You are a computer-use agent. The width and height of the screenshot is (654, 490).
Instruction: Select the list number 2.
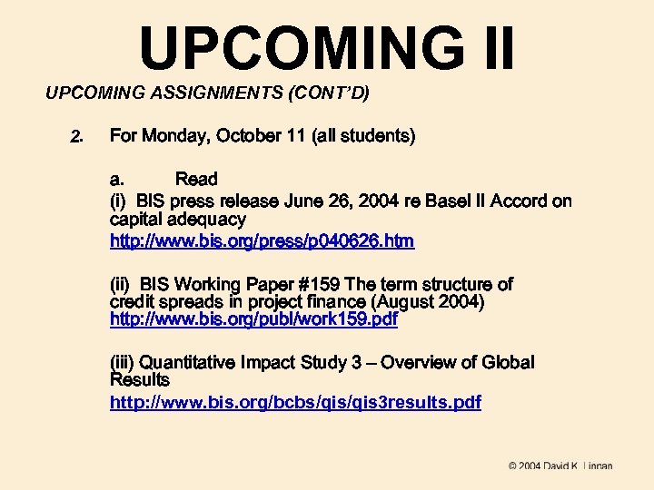76,137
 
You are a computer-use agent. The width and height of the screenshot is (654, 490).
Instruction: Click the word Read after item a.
196,179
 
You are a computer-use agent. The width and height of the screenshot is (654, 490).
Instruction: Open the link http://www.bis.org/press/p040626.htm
262,240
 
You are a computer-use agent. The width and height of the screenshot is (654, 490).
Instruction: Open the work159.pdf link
253,320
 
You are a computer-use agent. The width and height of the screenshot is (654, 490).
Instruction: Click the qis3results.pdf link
295,401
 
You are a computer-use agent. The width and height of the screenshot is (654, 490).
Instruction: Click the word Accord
518,201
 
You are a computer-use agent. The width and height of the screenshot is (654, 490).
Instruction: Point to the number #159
315,284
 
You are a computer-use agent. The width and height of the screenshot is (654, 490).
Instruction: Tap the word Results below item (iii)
139,379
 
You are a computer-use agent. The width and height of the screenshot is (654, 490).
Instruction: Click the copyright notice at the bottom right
560,466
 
